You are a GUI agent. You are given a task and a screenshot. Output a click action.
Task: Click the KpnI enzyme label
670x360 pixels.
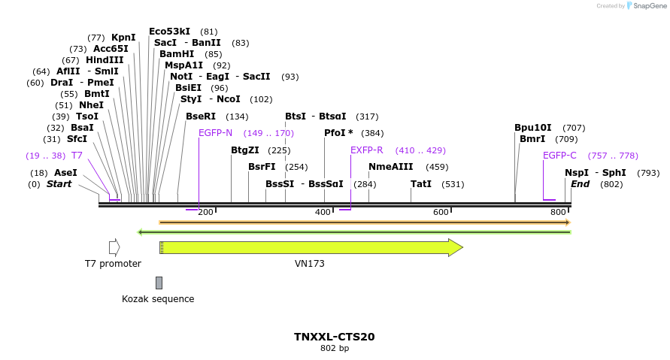click(123, 38)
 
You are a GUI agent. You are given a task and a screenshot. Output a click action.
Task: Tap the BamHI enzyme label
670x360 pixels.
click(177, 54)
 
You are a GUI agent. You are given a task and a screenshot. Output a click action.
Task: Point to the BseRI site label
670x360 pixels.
click(201, 116)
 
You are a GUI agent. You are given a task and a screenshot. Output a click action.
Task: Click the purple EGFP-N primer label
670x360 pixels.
click(215, 133)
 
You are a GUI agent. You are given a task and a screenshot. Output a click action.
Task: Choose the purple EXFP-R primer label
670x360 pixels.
click(367, 150)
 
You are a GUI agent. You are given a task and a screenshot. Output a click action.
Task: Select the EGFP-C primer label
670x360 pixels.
click(559, 156)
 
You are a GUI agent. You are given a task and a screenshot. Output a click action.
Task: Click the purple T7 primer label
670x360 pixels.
click(77, 156)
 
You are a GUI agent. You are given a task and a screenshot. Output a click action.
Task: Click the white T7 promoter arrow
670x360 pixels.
click(114, 247)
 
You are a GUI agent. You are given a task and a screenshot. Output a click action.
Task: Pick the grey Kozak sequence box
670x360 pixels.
click(159, 283)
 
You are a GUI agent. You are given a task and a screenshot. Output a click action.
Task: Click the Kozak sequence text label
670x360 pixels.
click(158, 299)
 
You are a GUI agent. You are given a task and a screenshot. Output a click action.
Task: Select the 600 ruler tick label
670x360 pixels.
click(440, 213)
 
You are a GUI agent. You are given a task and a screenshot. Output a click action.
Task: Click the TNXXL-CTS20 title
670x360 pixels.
click(335, 337)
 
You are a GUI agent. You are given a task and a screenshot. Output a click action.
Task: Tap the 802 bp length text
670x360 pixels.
click(335, 349)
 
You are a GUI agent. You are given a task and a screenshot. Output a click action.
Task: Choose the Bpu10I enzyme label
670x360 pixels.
click(533, 128)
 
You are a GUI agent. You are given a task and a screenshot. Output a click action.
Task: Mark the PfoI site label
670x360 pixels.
click(338, 133)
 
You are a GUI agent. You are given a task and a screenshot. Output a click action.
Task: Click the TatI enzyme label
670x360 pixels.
click(421, 184)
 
